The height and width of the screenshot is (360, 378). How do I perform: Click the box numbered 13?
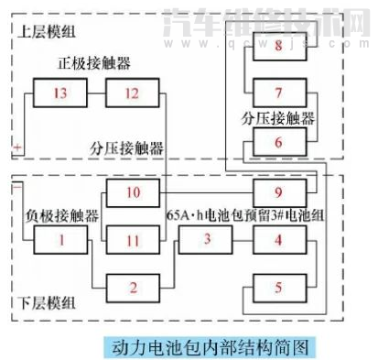coord(61,93)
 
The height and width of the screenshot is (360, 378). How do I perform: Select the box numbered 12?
coord(132,93)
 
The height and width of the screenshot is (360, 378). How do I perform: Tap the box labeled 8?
coord(279,46)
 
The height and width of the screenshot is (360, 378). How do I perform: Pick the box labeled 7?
coord(279,93)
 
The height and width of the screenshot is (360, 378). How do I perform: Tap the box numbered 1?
coord(61,240)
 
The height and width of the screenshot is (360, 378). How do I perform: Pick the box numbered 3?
coord(207,240)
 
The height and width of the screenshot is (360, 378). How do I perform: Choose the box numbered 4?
coord(279,240)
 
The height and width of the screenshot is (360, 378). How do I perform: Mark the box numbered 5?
coord(279,288)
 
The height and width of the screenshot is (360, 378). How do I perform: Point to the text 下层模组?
coord(46,303)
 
